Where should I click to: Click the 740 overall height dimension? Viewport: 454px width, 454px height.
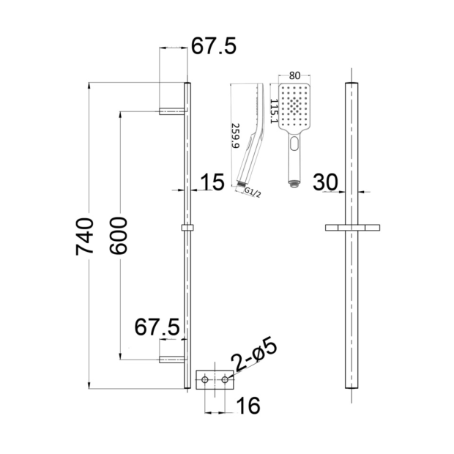pos(84,237)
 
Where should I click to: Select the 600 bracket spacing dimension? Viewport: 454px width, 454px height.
pos(119,236)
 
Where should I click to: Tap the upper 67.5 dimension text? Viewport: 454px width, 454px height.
pos(214,45)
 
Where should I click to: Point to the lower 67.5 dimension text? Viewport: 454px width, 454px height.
pos(157,327)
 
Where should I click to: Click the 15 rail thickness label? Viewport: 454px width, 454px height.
pos(212,182)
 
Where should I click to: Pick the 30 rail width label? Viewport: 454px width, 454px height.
pos(325,182)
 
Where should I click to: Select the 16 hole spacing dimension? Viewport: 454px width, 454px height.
pos(248,406)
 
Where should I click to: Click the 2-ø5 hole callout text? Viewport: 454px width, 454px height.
pos(255,354)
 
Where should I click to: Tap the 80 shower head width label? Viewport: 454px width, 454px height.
pos(294,75)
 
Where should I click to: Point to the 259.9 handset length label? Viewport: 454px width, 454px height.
pos(236,135)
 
